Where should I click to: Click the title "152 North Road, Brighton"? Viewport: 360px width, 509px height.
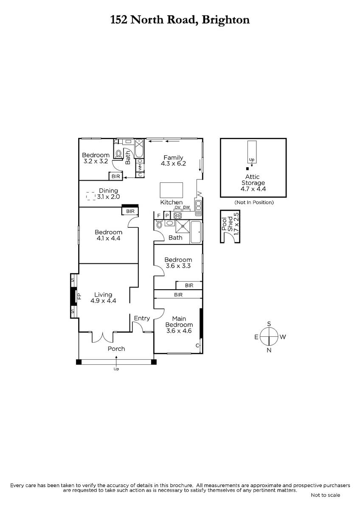click(x=180, y=20)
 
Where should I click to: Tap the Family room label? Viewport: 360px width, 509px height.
click(x=174, y=160)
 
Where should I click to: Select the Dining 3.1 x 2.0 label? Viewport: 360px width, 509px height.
click(x=108, y=194)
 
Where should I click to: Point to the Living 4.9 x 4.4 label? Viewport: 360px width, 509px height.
click(x=103, y=297)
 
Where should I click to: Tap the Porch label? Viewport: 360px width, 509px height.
click(x=116, y=349)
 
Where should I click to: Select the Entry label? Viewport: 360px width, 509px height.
click(x=141, y=318)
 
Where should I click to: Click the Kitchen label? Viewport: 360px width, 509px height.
click(x=172, y=202)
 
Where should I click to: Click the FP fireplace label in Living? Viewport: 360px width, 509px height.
click(x=79, y=296)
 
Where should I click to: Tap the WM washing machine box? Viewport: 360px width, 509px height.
click(x=140, y=167)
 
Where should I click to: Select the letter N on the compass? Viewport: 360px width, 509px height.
click(x=269, y=350)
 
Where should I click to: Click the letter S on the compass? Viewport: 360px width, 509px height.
click(x=269, y=324)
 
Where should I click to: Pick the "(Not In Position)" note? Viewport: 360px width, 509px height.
click(x=254, y=202)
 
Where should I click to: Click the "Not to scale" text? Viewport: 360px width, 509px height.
click(x=325, y=495)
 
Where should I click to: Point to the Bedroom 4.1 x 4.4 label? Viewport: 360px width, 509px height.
click(x=108, y=235)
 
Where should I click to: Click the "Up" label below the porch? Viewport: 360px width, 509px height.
click(x=116, y=369)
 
